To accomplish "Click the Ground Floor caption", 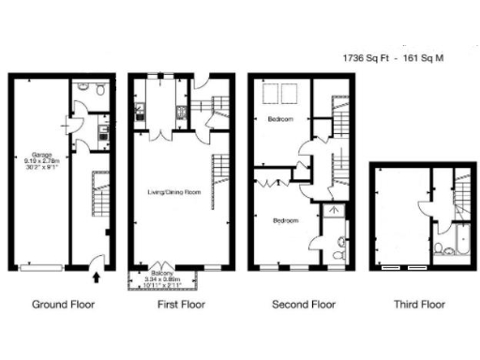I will coord(63,304).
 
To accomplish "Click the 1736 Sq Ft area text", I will coord(368,58).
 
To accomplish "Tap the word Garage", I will coord(40,155).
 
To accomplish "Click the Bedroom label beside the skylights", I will coord(279,120).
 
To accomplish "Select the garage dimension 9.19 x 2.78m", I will coord(41,161).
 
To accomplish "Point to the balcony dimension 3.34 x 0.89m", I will coord(163,278).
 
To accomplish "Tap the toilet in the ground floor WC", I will coord(82,87).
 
